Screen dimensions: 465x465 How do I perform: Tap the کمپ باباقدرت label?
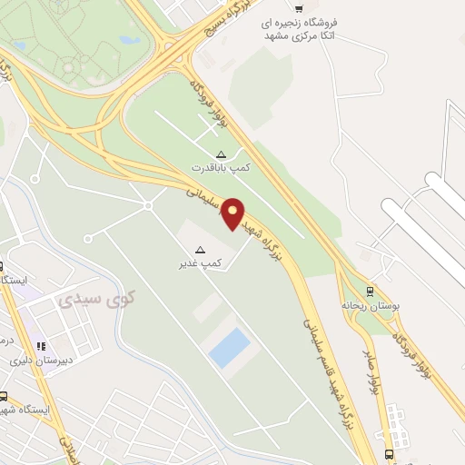point(220,169)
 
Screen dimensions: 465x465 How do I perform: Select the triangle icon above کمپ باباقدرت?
point(221,153)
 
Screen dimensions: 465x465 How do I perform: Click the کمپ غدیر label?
point(201,263)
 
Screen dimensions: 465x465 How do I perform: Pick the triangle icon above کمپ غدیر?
point(201,249)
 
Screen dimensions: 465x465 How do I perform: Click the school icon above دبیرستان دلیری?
point(40,346)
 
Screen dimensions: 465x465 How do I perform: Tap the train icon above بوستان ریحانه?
point(369,292)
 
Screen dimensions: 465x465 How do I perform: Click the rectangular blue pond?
point(230,348)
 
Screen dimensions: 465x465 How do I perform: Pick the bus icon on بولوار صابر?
point(389,453)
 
